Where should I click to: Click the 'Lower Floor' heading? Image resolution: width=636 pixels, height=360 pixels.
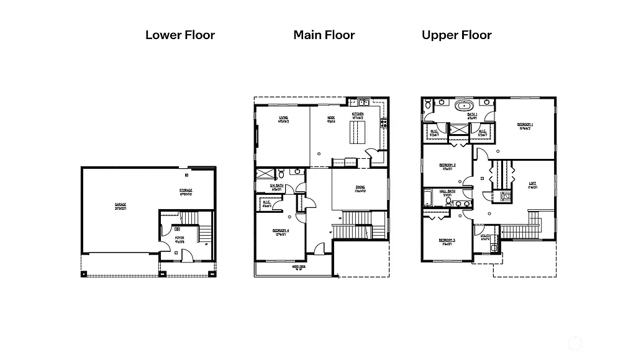[180, 35]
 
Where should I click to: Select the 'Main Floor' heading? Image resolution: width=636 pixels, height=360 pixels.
[324, 35]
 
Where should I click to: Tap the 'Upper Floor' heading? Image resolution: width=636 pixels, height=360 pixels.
[457, 35]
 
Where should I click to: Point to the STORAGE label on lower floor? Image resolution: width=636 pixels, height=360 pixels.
[186, 191]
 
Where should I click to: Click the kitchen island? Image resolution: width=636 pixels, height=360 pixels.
[355, 132]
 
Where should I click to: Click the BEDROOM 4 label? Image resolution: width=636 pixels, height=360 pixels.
[279, 230]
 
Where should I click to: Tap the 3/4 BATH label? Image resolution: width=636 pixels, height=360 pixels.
[277, 186]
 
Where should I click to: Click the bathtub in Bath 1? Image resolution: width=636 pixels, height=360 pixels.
[465, 105]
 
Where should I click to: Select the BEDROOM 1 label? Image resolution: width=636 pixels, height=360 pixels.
[525, 125]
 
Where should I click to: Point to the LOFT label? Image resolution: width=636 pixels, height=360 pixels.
[532, 183]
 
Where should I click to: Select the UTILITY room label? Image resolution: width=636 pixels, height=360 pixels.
[486, 236]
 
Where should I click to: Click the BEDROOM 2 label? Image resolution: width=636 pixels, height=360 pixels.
[447, 165]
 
